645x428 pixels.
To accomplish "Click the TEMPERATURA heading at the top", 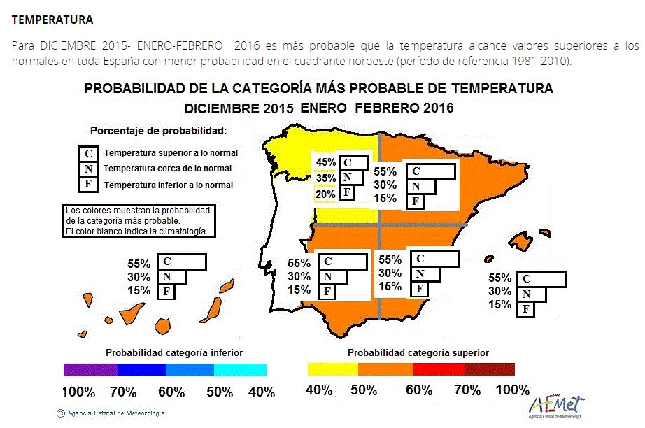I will tap(52, 20).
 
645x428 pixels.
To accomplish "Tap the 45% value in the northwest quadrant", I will tap(326, 162).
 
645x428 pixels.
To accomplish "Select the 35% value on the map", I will tap(326, 178).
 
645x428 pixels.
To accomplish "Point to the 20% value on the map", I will tap(326, 194).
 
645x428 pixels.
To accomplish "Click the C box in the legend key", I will tap(88, 152).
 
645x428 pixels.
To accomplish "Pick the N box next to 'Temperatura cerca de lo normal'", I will tap(88, 169).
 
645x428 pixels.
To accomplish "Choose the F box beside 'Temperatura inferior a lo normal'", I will tap(88, 185).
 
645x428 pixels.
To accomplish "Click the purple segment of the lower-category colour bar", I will tap(90, 370).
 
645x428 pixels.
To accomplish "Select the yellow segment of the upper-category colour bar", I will tap(332, 370).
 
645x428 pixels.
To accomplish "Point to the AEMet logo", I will tap(557, 404).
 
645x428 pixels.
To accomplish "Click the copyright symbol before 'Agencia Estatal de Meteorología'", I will tap(61, 413).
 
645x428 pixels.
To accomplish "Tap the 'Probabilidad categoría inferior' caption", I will tap(174, 352).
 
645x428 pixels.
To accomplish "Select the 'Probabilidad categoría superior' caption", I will tap(418, 352).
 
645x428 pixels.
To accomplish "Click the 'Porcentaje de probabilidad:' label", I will tap(159, 131).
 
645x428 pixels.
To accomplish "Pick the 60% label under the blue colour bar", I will tap(171, 392).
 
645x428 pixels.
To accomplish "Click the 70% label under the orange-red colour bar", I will tap(467, 390).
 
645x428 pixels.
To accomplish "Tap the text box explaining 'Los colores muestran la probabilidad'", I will tap(138, 220).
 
